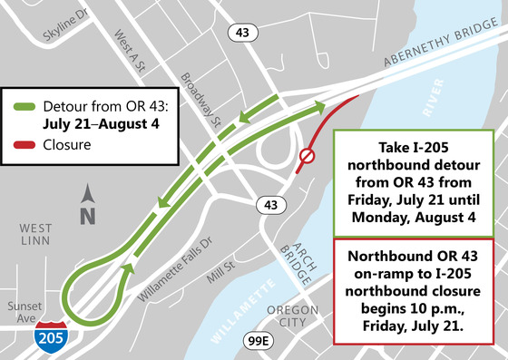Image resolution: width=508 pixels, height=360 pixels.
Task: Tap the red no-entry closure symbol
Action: [x=307, y=158]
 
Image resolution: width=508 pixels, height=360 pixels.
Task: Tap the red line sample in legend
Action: [x=26, y=143]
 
